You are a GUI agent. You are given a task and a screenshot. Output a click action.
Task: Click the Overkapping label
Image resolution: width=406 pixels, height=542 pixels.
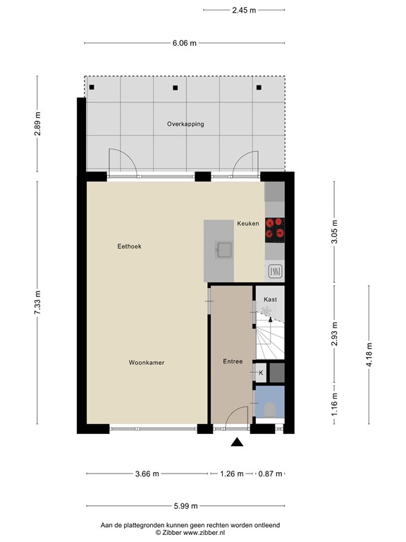185,124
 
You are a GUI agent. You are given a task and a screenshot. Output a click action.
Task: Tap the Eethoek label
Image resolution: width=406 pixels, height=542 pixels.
129,246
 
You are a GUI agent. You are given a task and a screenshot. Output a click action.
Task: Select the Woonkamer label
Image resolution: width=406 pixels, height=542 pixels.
147,363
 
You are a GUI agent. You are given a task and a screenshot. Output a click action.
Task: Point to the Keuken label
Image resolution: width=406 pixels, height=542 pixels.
247,224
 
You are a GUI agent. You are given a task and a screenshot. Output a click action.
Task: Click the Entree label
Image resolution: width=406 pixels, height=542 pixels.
233,362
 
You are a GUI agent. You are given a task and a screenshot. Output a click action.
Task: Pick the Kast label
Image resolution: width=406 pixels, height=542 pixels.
270,299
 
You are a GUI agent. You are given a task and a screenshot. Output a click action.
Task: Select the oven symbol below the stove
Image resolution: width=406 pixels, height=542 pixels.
276,270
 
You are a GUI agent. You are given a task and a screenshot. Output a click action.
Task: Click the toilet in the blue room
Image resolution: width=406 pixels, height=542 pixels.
269,408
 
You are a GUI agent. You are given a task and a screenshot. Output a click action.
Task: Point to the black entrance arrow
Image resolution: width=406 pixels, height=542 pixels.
238,442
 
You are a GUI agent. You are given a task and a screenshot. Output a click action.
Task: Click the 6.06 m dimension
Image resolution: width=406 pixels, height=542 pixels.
185,43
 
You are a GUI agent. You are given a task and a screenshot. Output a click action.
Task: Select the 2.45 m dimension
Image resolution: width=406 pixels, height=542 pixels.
244,10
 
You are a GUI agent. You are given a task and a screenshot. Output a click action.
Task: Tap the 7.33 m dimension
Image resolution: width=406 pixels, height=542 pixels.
39,303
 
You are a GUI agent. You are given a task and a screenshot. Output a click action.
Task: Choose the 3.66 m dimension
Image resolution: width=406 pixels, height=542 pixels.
147,473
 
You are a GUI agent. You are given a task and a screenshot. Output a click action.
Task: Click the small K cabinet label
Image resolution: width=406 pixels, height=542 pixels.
261,373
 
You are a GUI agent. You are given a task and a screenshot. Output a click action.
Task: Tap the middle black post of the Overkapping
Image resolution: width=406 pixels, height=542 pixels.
176,88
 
